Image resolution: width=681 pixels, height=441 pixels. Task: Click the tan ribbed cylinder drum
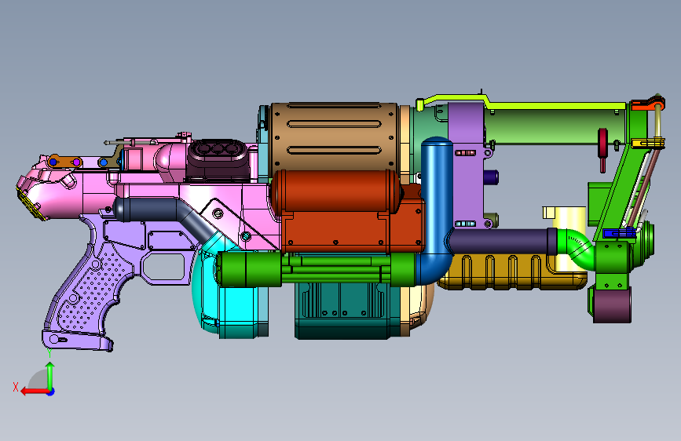tap(334, 136)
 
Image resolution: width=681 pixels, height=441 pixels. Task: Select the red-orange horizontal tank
tap(335, 191)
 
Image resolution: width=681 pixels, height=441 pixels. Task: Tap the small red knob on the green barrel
tap(602, 148)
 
